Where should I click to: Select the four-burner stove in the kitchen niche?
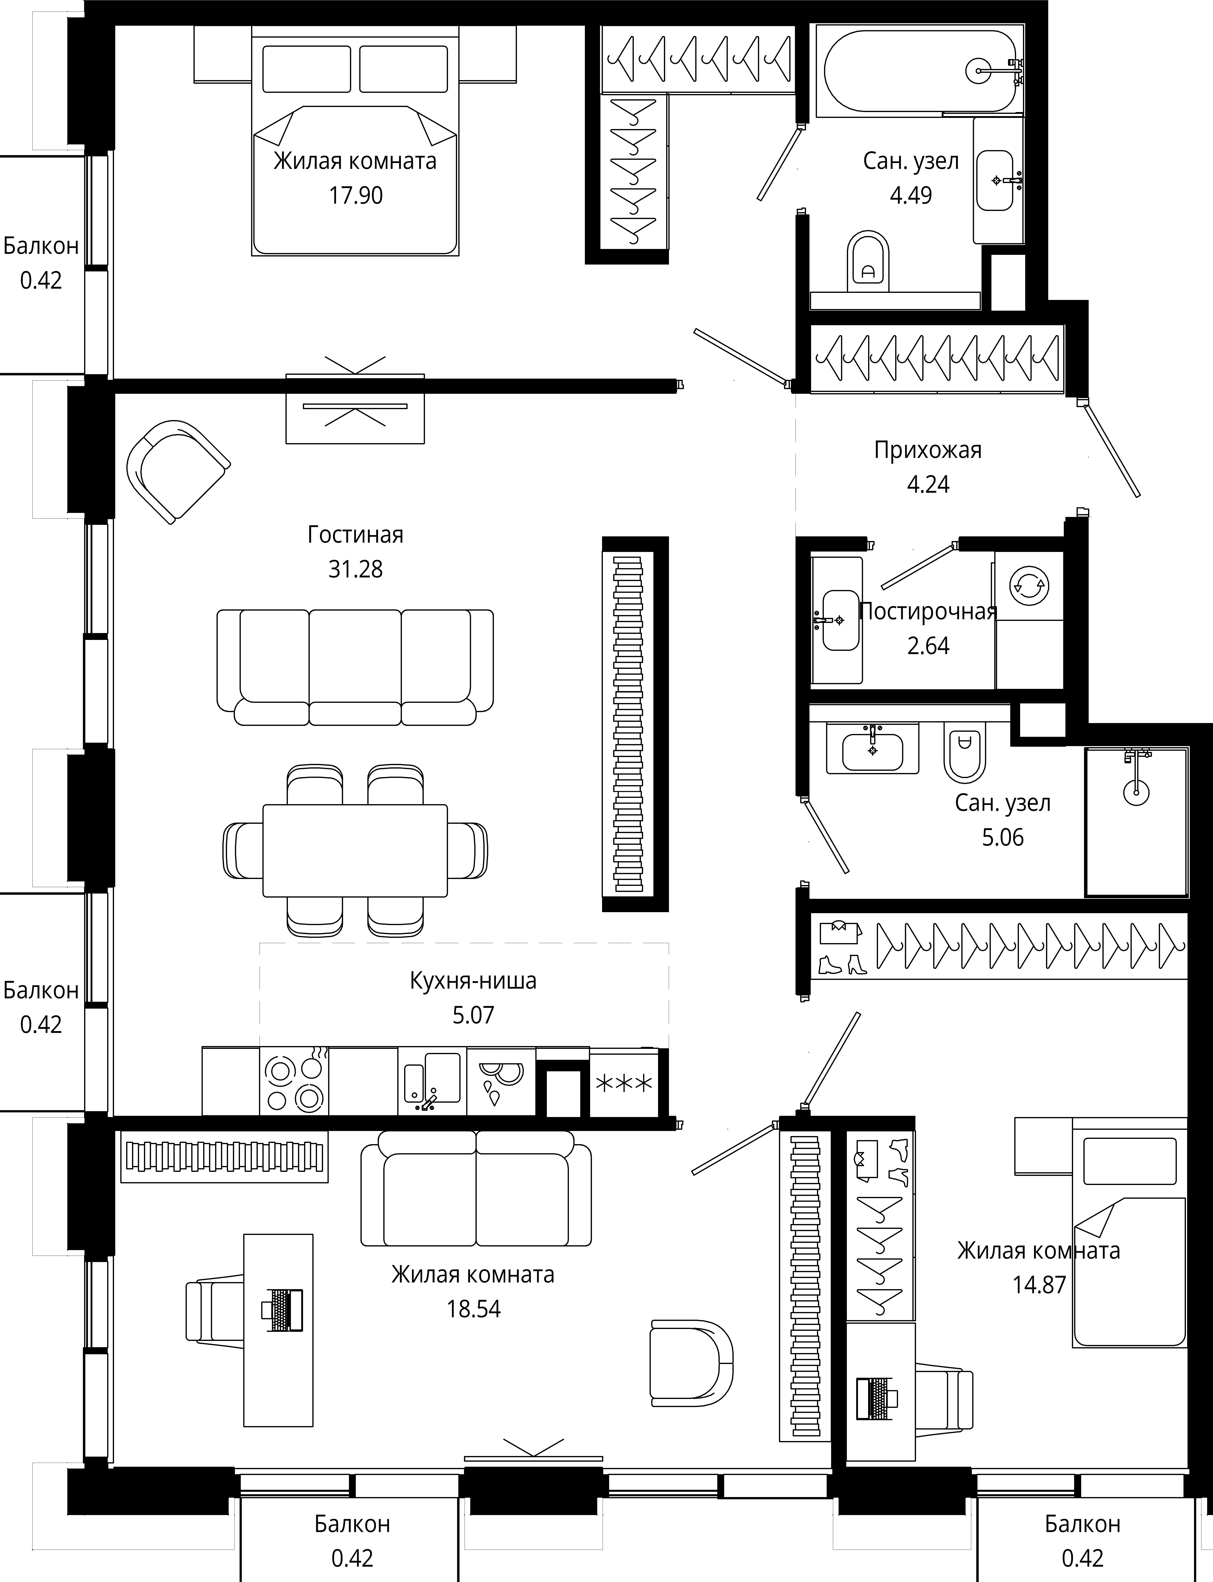pos(294,1081)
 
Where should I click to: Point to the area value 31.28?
pos(355,569)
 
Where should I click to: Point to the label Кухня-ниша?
pos(473,981)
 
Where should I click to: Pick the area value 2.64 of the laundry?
pos(928,646)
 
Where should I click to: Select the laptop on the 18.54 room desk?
pos(282,1310)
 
